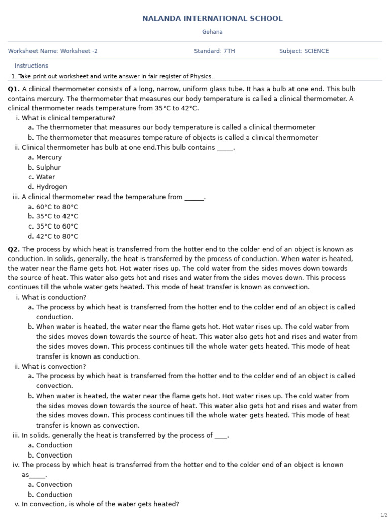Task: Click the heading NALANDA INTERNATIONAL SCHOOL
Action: (212, 19)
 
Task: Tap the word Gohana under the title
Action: (212, 32)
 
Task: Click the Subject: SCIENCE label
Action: (304, 51)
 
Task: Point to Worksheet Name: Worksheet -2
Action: (53, 51)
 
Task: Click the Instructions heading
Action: (31, 66)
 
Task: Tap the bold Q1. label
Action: (14, 89)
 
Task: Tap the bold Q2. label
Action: (14, 249)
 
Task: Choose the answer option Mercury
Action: (49, 157)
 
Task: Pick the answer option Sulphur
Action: (48, 168)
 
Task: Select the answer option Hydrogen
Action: (51, 187)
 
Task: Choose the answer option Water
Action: (45, 177)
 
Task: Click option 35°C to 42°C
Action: (57, 216)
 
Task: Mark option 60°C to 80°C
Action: (57, 207)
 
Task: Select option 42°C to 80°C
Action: (57, 236)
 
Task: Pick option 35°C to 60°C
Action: (57, 226)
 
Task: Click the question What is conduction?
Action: (54, 297)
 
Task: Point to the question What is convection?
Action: (54, 367)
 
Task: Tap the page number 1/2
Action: (383, 515)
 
